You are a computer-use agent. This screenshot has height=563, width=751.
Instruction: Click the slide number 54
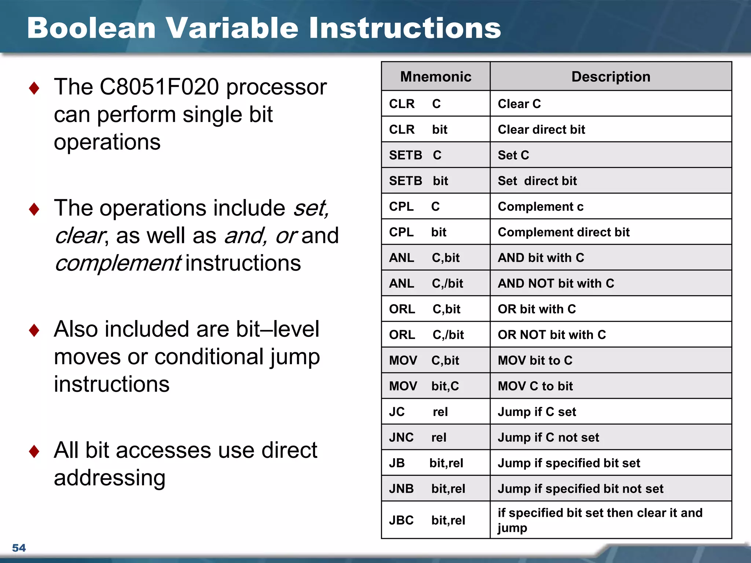(19, 548)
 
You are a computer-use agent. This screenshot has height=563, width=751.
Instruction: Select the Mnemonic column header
(436, 77)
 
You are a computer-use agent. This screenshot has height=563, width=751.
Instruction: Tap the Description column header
(611, 77)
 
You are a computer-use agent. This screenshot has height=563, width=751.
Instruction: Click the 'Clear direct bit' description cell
(541, 129)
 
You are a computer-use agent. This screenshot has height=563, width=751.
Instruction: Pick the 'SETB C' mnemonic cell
(415, 155)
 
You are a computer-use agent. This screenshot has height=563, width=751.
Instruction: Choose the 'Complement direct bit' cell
(564, 232)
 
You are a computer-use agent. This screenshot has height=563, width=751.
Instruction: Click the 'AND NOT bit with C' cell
(556, 283)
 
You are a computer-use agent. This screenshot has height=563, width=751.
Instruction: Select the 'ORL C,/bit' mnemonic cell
(426, 335)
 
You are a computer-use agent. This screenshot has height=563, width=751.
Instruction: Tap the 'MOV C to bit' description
(535, 386)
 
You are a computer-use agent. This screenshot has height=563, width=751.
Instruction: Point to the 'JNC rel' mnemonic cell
(417, 437)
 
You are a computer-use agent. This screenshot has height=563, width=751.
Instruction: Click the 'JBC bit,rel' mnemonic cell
(427, 520)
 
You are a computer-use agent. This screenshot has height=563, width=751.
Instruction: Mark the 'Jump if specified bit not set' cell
(580, 489)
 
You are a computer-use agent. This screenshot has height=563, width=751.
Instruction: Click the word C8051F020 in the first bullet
(159, 87)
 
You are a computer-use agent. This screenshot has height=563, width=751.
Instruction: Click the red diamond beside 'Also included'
(34, 330)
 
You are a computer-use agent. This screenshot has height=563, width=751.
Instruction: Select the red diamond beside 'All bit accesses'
(34, 451)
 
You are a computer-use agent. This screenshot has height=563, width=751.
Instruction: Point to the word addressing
(110, 478)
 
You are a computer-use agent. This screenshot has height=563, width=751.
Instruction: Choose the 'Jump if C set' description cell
(536, 412)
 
